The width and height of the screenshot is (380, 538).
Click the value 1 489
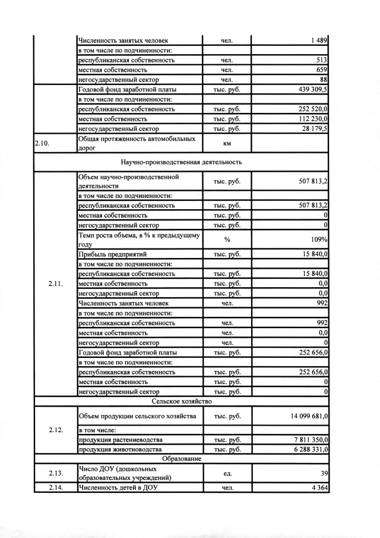click(x=318, y=40)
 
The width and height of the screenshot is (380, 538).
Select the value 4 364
click(x=318, y=488)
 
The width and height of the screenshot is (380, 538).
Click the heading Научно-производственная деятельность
click(x=181, y=162)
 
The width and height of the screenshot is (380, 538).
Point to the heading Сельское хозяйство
click(x=181, y=402)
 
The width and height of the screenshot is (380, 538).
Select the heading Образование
click(x=181, y=459)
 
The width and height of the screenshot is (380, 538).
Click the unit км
click(x=227, y=143)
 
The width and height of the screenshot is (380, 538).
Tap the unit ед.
click(x=227, y=473)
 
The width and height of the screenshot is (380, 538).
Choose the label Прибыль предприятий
click(x=112, y=254)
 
